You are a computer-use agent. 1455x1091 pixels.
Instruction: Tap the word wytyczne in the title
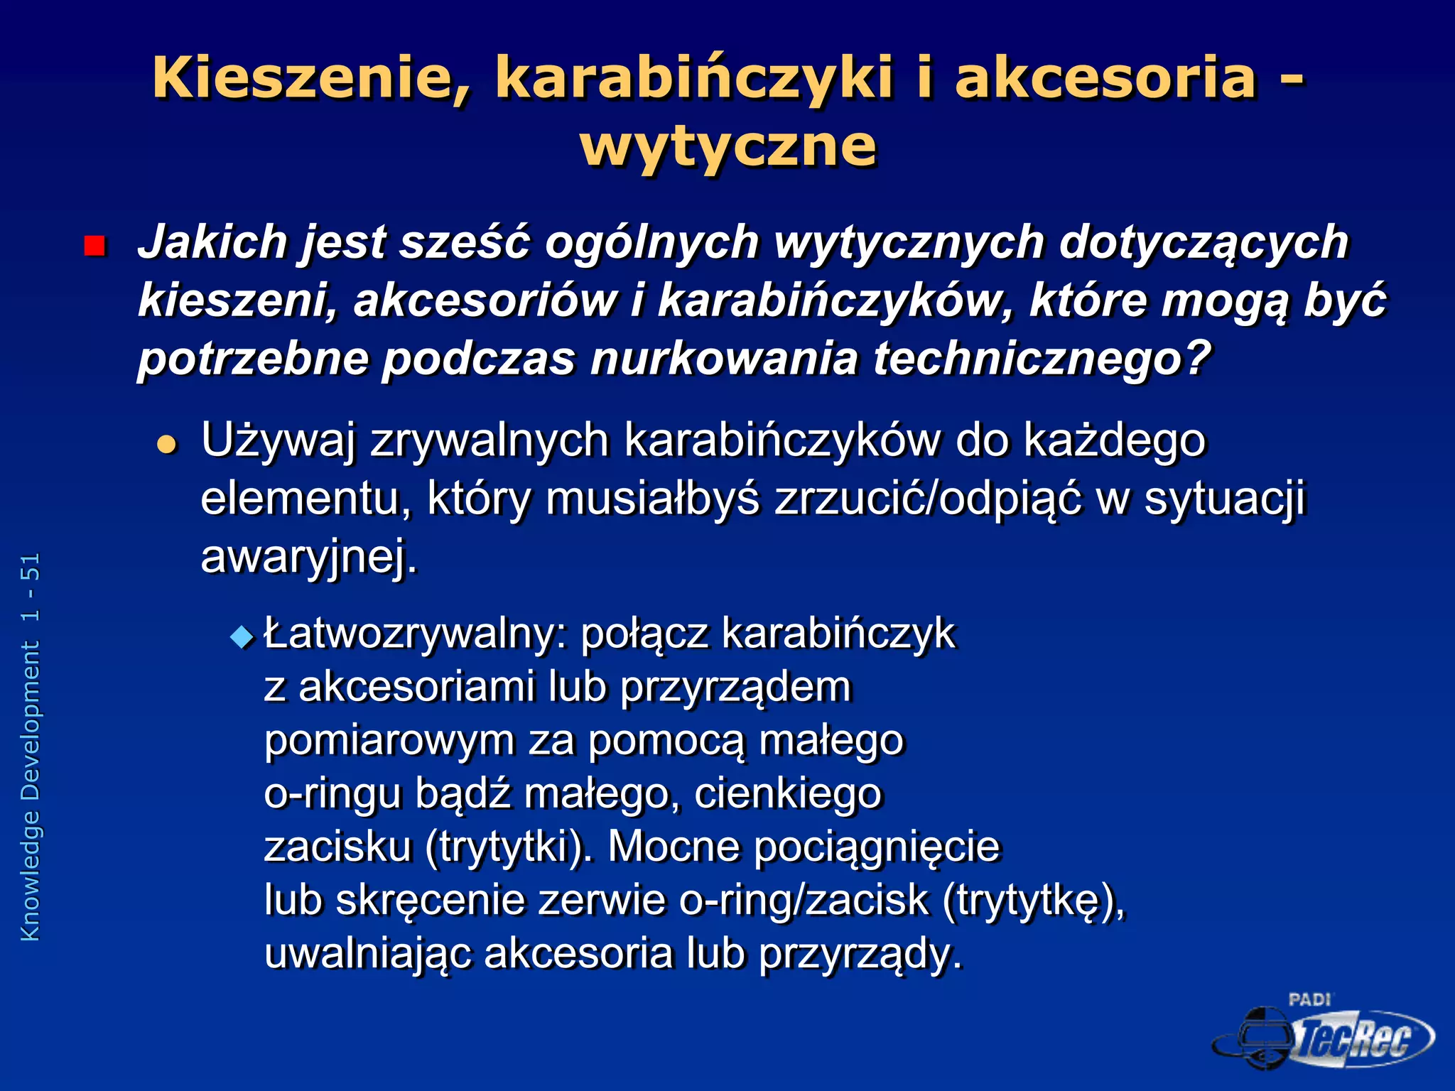728,146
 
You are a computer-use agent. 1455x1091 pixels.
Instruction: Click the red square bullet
94,246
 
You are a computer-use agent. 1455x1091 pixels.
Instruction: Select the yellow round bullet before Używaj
166,445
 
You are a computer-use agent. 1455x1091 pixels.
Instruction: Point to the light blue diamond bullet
242,636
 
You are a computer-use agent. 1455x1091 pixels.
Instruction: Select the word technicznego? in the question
1042,359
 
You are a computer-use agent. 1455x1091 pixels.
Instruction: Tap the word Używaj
278,440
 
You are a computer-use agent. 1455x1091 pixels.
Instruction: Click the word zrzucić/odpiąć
928,499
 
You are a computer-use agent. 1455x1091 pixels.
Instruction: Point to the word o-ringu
332,793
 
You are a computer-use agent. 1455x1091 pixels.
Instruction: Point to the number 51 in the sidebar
30,567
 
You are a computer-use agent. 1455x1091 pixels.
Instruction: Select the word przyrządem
735,687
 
